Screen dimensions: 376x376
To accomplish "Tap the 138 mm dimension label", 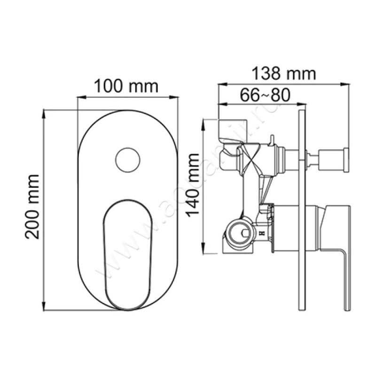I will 283,73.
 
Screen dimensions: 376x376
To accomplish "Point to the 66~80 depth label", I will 265,94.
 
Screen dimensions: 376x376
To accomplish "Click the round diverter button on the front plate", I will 127,160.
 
